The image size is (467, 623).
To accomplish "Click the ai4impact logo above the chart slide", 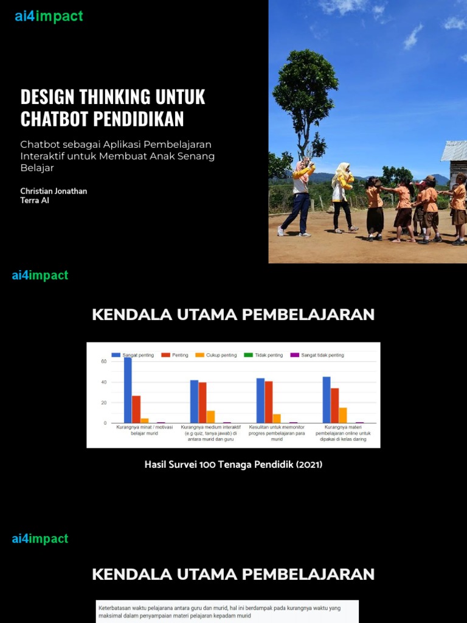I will [x=40, y=276].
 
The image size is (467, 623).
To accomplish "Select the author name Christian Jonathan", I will [x=54, y=191].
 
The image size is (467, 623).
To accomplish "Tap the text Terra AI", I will [x=35, y=201].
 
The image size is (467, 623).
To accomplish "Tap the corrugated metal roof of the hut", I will [x=455, y=150].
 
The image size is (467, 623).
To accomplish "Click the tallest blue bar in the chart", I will [x=128, y=390].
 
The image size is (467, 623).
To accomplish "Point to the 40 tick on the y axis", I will [x=103, y=382].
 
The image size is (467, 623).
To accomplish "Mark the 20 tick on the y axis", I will [x=103, y=403].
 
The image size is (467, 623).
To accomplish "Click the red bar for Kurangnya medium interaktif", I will [x=202, y=402].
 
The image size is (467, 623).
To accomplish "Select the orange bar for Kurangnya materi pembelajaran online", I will [x=343, y=415].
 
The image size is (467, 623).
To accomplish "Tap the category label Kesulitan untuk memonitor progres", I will [x=277, y=433].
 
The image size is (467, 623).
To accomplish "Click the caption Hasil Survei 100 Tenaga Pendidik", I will [x=233, y=465].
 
